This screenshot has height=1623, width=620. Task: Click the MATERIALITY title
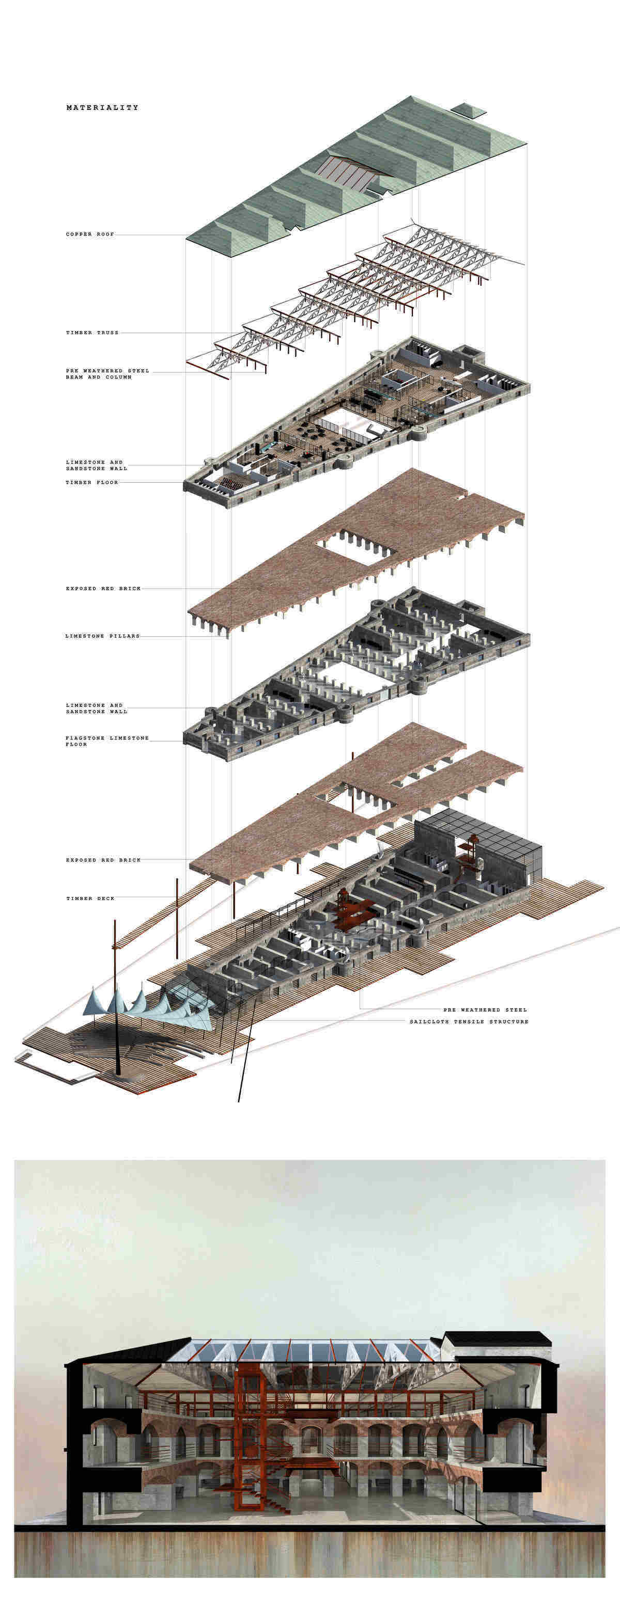click(x=102, y=108)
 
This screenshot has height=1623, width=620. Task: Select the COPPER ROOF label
click(x=90, y=234)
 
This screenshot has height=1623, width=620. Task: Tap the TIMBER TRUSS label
click(x=92, y=333)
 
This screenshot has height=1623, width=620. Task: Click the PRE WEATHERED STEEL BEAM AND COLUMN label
click(x=107, y=374)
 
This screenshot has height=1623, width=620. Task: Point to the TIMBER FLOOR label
click(x=92, y=483)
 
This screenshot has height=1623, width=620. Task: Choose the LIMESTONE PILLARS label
click(x=102, y=636)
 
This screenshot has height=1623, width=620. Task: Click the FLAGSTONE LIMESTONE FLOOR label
click(x=107, y=741)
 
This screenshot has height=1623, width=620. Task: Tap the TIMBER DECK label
click(x=90, y=899)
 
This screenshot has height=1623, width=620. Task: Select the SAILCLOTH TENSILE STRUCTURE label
click(x=469, y=1021)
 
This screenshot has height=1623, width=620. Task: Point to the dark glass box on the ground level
click(x=479, y=847)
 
